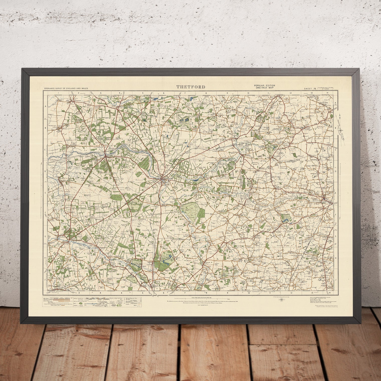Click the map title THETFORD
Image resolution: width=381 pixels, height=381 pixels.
coord(191,87)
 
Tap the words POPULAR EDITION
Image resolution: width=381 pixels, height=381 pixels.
coord(264,86)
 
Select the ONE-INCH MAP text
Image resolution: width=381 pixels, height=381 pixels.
coord(264,88)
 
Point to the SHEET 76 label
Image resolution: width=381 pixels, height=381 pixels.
coord(310,88)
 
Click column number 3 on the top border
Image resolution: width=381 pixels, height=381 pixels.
coord(100,93)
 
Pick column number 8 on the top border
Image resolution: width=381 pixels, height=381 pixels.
coord(206,93)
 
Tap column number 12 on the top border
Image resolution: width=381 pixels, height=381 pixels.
coord(291,93)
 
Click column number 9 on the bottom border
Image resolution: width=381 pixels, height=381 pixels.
coord(227,292)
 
